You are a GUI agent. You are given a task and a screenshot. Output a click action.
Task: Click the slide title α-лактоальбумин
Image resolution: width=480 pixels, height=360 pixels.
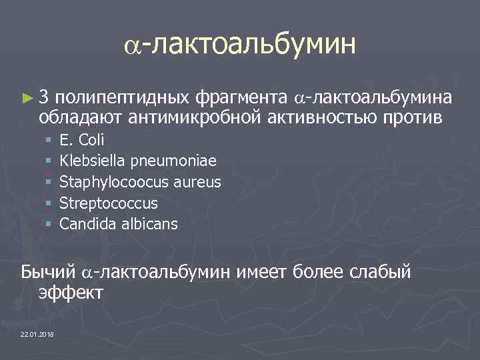pyautogui.click(x=240, y=45)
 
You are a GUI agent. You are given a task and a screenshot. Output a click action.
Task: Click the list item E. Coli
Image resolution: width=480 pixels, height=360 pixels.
pyautogui.click(x=82, y=140)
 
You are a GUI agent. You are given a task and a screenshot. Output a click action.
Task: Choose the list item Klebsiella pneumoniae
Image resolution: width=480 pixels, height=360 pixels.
pyautogui.click(x=138, y=161)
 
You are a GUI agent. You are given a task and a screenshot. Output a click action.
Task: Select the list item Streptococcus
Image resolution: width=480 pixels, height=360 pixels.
pyautogui.click(x=109, y=203)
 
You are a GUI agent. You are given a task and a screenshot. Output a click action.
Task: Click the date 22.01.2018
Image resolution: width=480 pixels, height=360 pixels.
pyautogui.click(x=37, y=333)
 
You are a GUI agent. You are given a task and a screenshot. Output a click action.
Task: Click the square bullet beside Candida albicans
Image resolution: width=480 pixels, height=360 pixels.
pyautogui.click(x=49, y=224)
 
